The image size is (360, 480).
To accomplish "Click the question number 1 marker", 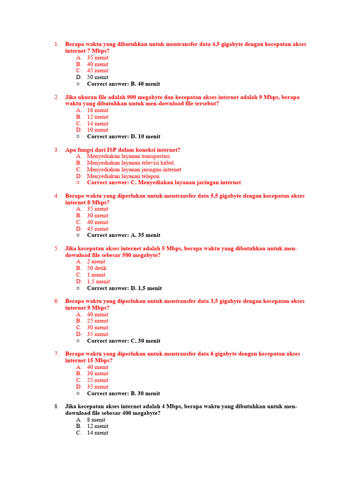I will click(x=56, y=45).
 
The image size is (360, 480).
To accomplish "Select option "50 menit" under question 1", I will click(x=97, y=77).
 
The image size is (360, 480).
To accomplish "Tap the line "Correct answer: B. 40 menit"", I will click(x=123, y=84).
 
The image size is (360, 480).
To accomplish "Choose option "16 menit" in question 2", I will click(x=97, y=110).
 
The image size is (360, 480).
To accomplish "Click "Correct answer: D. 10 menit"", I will click(x=123, y=136).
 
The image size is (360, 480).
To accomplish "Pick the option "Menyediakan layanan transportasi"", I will click(x=128, y=156).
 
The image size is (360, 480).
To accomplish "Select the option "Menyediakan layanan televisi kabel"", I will click(x=130, y=163).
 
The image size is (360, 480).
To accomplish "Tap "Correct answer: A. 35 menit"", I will click(x=123, y=235).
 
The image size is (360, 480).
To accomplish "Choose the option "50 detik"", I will click(x=97, y=268).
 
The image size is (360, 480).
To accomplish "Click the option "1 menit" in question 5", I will click(x=96, y=275).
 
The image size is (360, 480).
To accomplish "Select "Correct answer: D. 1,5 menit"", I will click(x=124, y=288).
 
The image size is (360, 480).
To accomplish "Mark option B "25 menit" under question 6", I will click(x=97, y=321).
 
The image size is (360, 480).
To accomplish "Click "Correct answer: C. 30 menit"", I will click(x=123, y=341).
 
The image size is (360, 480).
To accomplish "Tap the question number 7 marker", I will click(x=56, y=354).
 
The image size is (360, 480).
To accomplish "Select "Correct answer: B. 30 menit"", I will click(x=123, y=393).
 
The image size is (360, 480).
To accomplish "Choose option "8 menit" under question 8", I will click(x=96, y=420).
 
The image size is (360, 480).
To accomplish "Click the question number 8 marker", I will click(x=56, y=406).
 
